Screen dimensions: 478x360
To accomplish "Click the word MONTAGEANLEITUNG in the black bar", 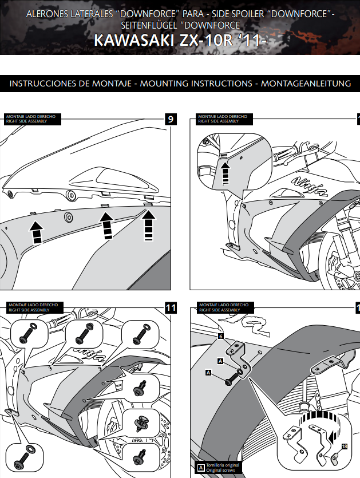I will pos(306,84).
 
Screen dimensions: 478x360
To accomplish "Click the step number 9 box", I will pos(171,119).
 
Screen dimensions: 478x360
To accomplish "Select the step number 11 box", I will pos(171,308).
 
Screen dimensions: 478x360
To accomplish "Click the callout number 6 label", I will pos(220,337).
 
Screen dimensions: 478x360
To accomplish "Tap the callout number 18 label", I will pos(344,446).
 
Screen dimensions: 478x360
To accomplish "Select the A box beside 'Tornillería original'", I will pos(200,467).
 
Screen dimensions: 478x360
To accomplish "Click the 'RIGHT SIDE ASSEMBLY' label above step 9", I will pos(23,121).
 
